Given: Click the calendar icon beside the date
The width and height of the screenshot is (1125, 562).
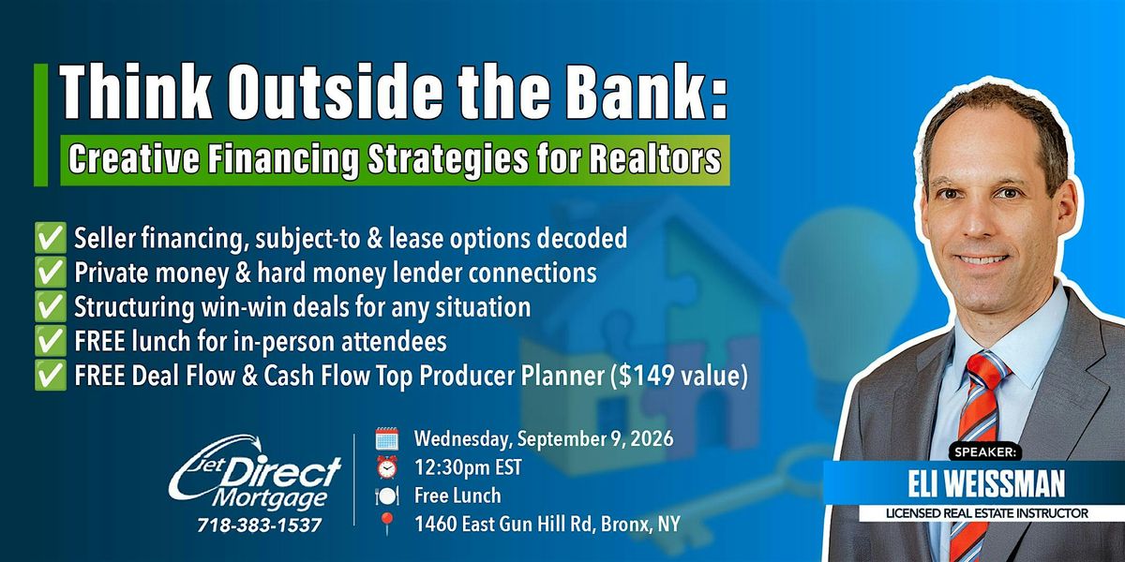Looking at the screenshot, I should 387,438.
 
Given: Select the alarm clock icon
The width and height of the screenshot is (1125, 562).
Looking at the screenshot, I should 387,467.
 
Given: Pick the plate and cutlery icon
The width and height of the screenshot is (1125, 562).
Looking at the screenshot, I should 387,495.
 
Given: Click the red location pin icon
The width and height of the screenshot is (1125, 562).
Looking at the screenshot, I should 387,525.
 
